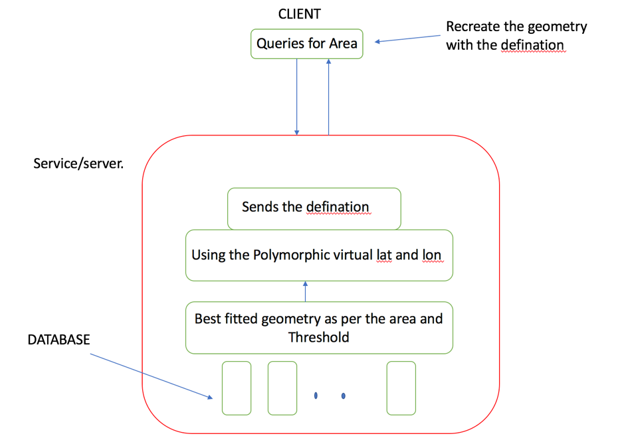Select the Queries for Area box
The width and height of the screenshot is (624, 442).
click(x=306, y=44)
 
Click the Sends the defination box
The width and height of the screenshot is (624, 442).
click(x=314, y=208)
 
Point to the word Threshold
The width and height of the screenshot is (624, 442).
click(x=318, y=336)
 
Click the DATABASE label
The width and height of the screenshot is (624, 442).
click(x=58, y=340)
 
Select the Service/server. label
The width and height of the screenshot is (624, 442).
click(x=78, y=163)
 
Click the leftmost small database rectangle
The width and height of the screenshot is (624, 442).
click(x=237, y=388)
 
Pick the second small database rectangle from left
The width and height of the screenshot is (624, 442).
click(x=282, y=388)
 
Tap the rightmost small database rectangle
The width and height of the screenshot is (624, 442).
click(x=401, y=388)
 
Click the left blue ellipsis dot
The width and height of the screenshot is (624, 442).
click(x=316, y=396)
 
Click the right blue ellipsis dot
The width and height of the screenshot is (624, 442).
click(x=343, y=396)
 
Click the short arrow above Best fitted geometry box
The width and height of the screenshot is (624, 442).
click(x=305, y=291)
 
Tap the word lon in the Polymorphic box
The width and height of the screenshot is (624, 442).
click(x=431, y=254)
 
